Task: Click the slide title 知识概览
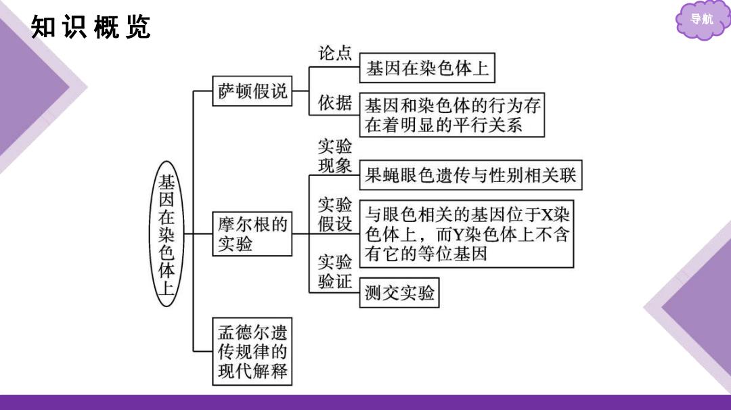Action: tap(91, 26)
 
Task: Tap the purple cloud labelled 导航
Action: tap(702, 20)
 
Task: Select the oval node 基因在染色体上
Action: tap(167, 234)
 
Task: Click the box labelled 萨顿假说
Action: tap(252, 91)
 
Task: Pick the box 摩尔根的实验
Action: tap(252, 234)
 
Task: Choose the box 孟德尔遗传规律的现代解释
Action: tap(252, 351)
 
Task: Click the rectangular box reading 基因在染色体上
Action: tap(427, 68)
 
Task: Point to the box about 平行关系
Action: tap(452, 115)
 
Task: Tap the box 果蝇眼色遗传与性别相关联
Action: tap(471, 175)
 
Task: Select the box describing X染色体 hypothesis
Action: tap(466, 234)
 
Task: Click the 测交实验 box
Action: tap(399, 292)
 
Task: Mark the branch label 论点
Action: tap(335, 53)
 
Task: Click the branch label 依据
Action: tap(335, 103)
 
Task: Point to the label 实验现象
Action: tap(335, 156)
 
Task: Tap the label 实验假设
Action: tap(335, 214)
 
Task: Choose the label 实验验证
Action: tap(335, 271)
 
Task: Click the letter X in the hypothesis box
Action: tap(546, 214)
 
